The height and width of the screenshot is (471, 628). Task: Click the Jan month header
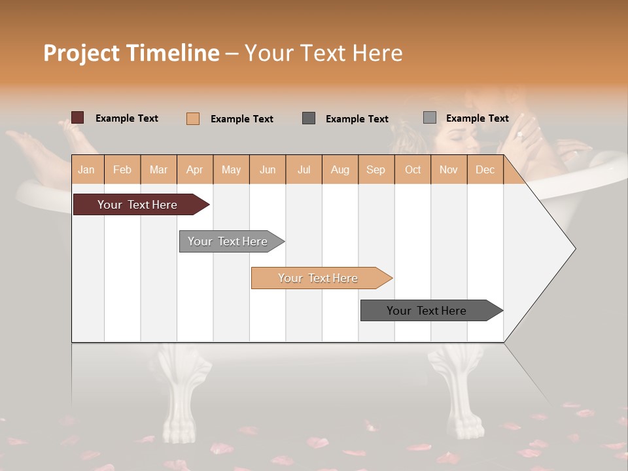click(86, 170)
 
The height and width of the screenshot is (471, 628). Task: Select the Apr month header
click(194, 170)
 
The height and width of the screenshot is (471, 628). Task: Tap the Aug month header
click(340, 170)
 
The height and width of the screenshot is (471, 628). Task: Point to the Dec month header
click(485, 170)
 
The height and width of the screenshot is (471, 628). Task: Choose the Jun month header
click(268, 170)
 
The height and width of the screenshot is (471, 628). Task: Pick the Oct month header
click(413, 170)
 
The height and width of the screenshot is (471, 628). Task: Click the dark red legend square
click(78, 118)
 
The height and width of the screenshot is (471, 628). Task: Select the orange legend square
click(193, 118)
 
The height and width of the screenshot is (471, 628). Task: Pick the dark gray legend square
click(309, 118)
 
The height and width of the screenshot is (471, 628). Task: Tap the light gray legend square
click(430, 118)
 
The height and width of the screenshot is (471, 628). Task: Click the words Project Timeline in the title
click(131, 53)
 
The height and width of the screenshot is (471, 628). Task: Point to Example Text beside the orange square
click(241, 119)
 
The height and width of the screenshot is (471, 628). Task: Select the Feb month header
click(122, 170)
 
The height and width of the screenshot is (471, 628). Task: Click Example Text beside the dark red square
click(126, 118)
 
